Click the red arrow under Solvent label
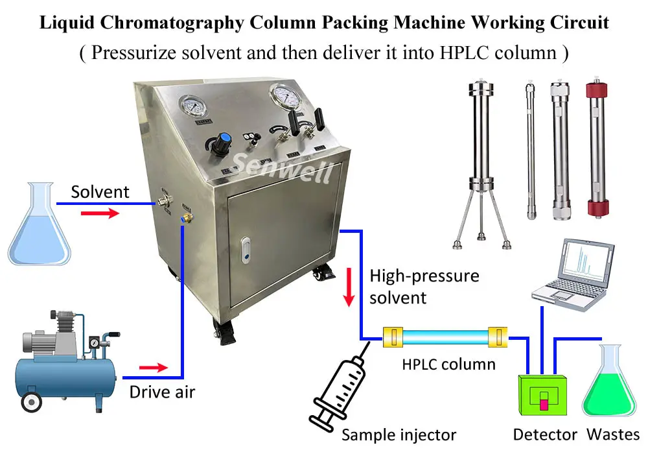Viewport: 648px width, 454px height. [x=100, y=213]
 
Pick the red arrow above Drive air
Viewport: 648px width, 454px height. [x=154, y=368]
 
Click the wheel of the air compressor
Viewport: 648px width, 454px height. [x=30, y=403]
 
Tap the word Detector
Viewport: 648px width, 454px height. [x=545, y=435]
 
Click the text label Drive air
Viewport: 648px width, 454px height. [x=162, y=392]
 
